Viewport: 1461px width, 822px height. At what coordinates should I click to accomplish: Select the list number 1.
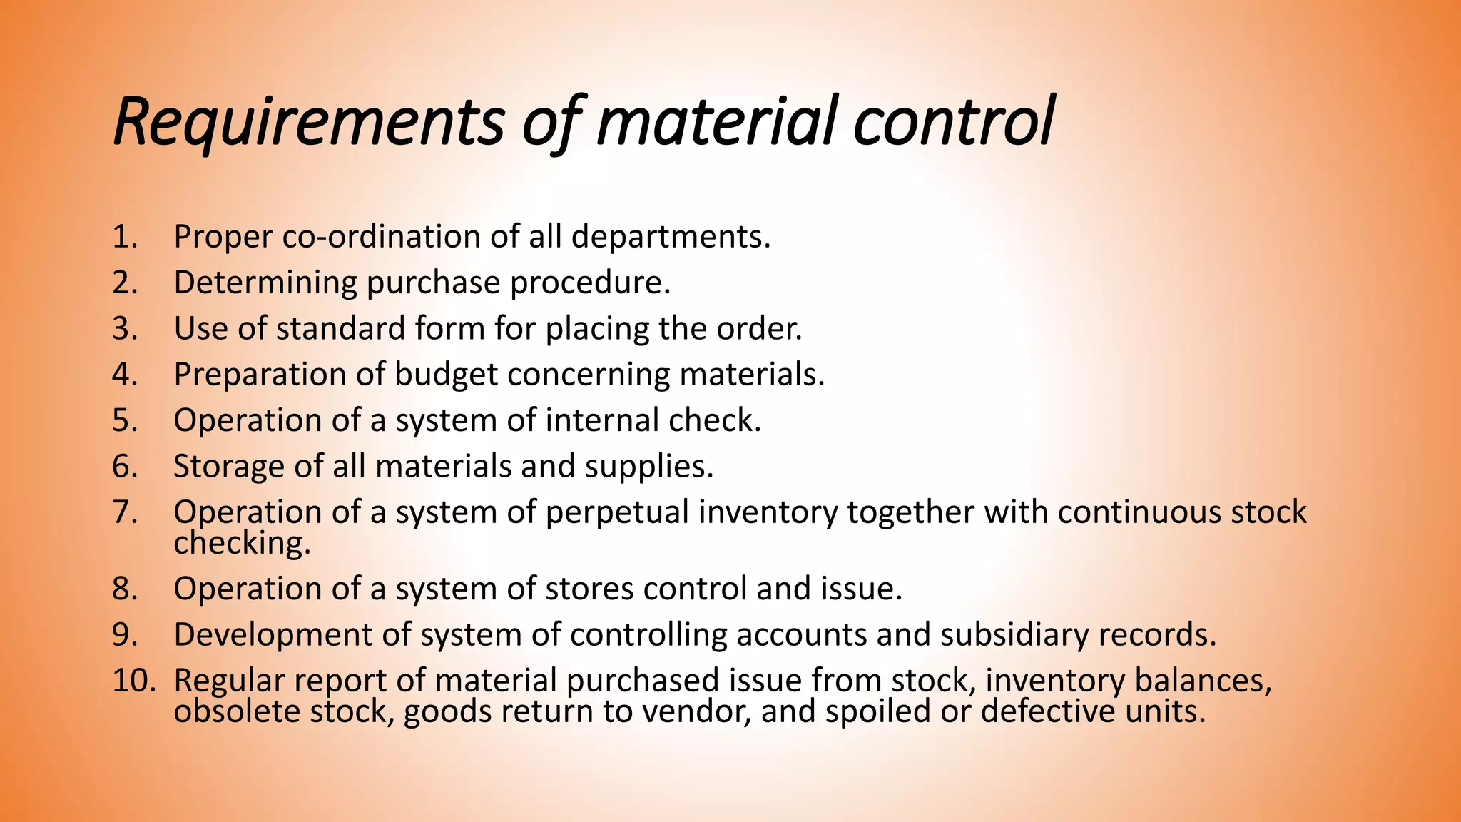click(x=124, y=237)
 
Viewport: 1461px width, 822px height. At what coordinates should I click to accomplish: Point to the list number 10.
click(x=133, y=681)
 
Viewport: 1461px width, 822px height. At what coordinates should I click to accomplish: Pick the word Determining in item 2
click(x=265, y=283)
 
